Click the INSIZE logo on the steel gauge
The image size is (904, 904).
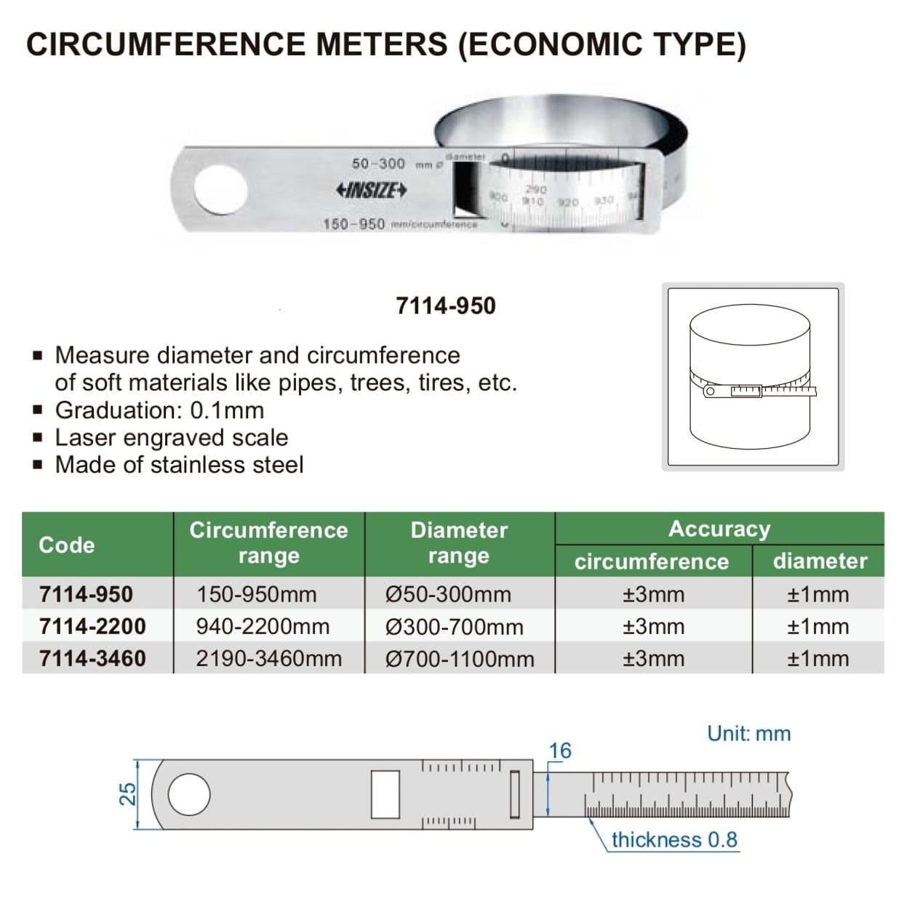371,191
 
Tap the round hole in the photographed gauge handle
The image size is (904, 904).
220,190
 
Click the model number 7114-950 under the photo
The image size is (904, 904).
445,305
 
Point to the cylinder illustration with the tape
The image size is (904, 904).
752,377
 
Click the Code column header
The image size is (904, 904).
66,545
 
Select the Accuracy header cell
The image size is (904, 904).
719,529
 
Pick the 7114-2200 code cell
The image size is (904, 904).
92,626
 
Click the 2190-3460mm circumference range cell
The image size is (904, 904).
268,658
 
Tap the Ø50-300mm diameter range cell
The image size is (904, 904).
448,594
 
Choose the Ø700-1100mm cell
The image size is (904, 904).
460,658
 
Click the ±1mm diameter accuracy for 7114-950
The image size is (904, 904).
817,594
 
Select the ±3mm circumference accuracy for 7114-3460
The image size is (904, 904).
653,658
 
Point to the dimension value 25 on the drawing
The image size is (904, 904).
127,793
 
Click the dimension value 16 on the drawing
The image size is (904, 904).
559,751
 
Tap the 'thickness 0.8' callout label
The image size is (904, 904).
674,839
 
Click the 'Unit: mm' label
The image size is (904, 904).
748,733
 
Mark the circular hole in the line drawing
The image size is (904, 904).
189,794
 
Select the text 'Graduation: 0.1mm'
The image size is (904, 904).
159,410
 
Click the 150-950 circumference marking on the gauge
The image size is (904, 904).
354,224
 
